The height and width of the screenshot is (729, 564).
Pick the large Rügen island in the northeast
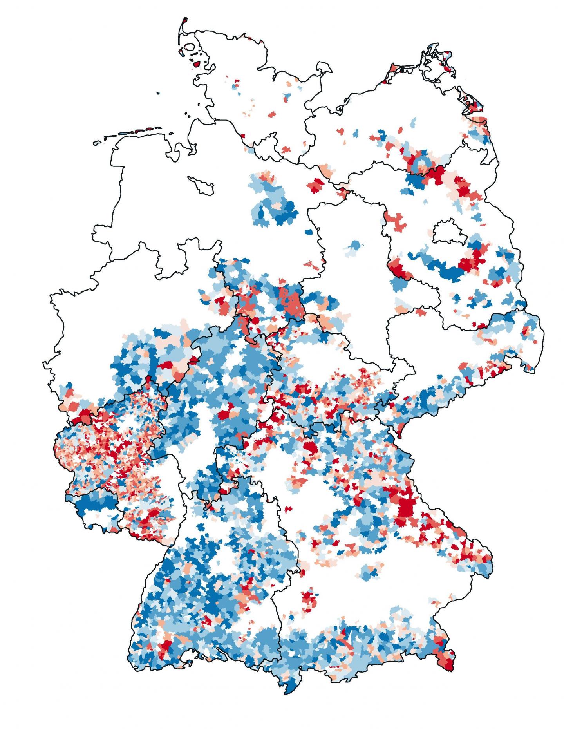click(x=437, y=65)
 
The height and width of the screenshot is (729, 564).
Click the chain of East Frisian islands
click(x=133, y=132)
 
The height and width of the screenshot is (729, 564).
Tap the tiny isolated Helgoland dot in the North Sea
click(x=158, y=93)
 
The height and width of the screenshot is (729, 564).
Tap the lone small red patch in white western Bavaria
click(x=288, y=509)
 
